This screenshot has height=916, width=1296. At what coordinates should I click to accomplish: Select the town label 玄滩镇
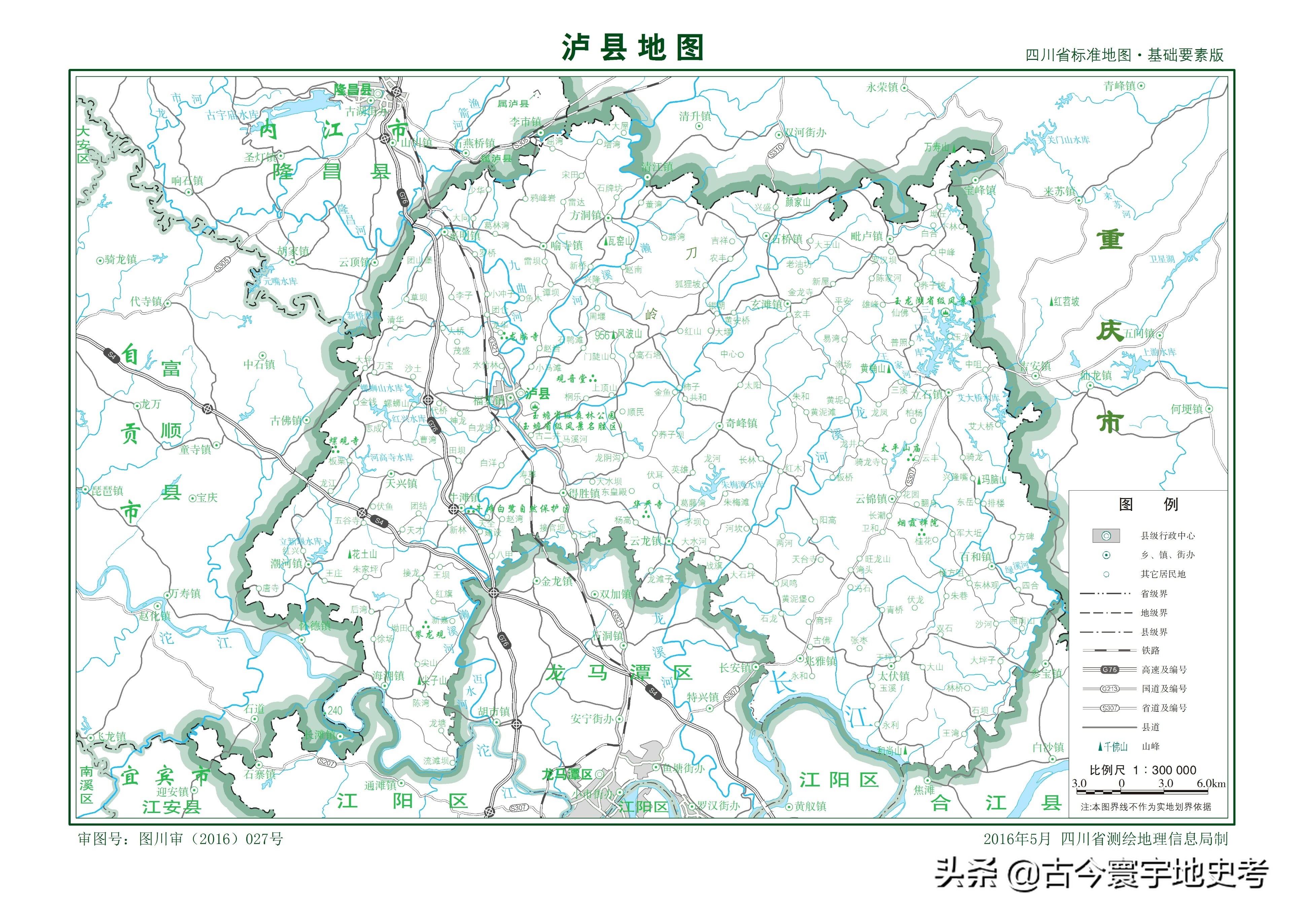pyautogui.click(x=767, y=304)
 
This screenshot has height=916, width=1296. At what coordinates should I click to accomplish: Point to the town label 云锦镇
pyautogui.click(x=871, y=498)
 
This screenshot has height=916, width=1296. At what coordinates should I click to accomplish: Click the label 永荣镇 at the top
pyautogui.click(x=882, y=87)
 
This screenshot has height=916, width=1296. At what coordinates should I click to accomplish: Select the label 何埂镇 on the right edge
pyautogui.click(x=1187, y=409)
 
